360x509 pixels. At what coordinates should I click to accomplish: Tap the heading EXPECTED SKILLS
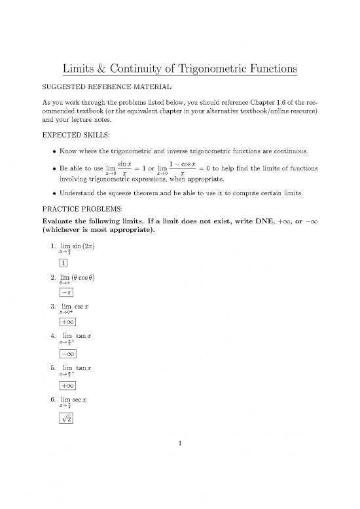click(77, 139)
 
